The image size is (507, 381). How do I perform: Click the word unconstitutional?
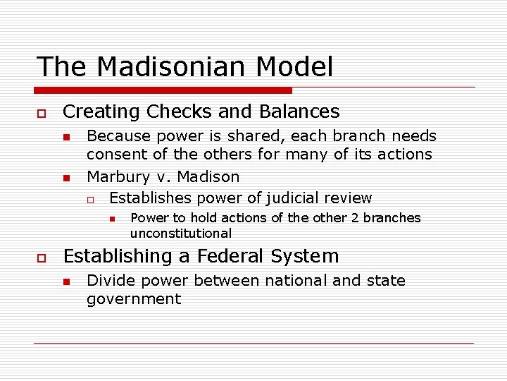(180, 234)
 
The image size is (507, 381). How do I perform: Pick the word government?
(134, 299)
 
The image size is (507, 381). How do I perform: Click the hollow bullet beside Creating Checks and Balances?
(42, 113)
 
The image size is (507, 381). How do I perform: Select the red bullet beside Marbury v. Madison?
(65, 178)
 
